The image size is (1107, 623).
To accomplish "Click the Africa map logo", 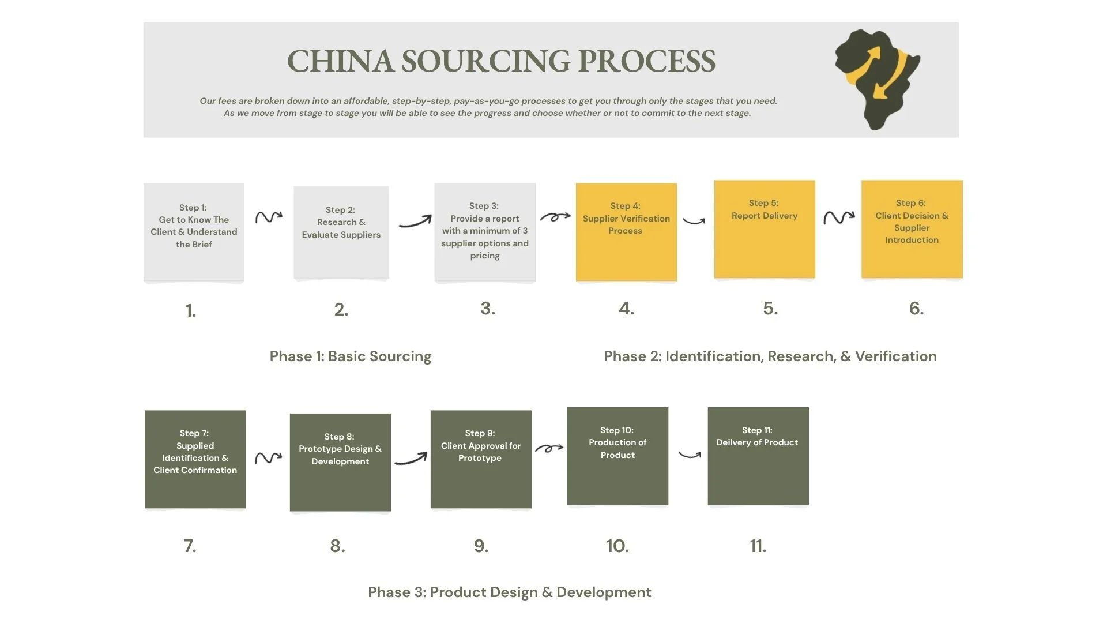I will (x=877, y=79).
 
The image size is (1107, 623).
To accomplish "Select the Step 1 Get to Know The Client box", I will (x=194, y=232).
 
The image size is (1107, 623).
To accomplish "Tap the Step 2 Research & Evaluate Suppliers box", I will (x=341, y=232).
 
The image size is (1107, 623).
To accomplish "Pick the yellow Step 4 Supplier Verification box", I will (x=626, y=232).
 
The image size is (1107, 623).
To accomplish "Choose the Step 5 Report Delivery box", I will (x=765, y=229).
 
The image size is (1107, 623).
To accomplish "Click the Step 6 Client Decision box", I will (x=912, y=229).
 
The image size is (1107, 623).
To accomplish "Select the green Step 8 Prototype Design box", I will (x=340, y=461).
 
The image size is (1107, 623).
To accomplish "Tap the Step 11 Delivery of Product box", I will (x=758, y=456).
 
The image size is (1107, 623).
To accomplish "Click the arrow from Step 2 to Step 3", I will (x=415, y=222).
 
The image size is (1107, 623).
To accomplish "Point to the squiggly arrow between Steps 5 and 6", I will (x=838, y=217).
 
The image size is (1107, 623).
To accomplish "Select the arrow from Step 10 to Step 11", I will (x=690, y=455).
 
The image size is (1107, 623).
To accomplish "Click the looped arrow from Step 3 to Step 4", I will (x=555, y=217).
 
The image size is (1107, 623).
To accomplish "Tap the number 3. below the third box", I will (x=488, y=309).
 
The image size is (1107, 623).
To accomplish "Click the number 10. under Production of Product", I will (x=617, y=546).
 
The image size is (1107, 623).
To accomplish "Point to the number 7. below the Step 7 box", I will (x=190, y=546).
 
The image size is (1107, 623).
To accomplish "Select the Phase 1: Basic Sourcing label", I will (x=351, y=356).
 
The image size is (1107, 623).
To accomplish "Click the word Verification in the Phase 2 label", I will (x=895, y=356).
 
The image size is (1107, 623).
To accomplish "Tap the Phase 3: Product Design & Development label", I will (x=510, y=592).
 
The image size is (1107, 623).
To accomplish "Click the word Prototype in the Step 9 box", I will (x=480, y=458).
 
